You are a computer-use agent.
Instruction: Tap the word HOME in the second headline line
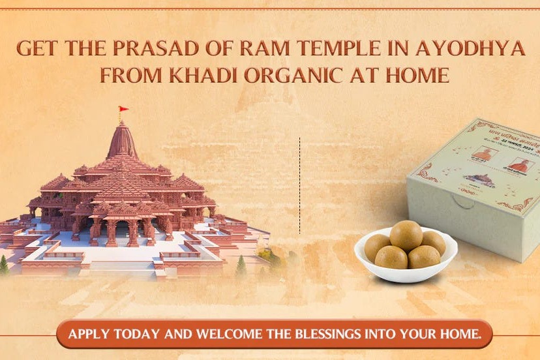click(x=417, y=75)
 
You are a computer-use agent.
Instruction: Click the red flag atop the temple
click(x=123, y=110)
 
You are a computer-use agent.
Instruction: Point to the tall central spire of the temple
click(x=122, y=140)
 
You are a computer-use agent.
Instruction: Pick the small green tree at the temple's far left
click(x=5, y=263)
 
